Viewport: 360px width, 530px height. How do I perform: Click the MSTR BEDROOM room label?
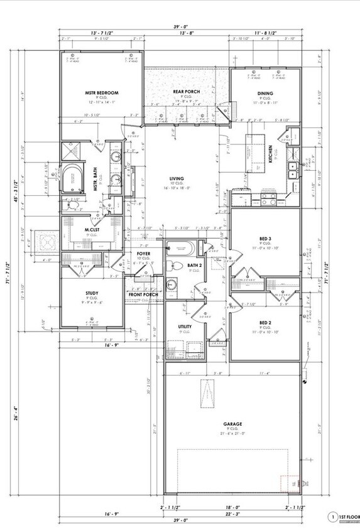pos(102,93)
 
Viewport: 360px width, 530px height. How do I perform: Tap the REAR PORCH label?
pos(187,92)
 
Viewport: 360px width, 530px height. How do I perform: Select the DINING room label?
pos(265,93)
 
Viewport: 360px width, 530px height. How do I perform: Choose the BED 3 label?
pos(265,240)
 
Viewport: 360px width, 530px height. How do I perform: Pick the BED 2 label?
pos(265,322)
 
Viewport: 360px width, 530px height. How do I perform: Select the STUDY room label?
pos(92,293)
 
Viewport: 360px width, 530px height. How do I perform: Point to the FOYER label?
pos(143,253)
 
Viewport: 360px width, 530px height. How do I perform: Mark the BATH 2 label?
pos(194,266)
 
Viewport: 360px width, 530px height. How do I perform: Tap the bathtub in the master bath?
pos(74,177)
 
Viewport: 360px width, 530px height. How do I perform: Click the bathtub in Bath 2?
pos(182,249)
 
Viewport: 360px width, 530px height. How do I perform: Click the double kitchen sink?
pos(292,168)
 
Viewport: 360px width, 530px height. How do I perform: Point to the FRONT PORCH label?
pos(143,295)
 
